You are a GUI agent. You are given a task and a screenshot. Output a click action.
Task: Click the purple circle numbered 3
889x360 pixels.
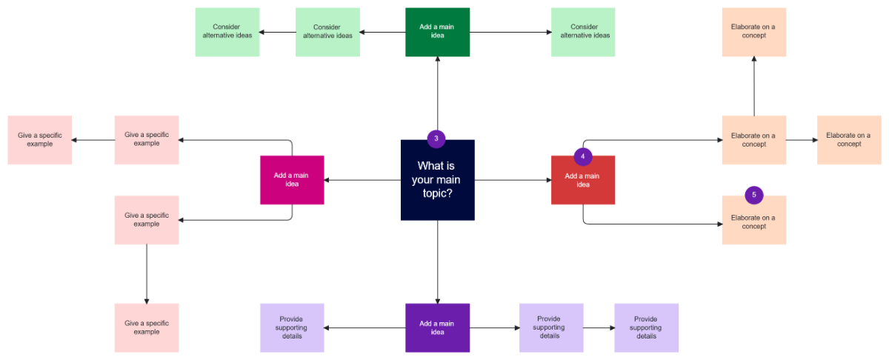coord(436,139)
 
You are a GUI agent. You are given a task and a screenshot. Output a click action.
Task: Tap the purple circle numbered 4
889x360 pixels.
coord(583,156)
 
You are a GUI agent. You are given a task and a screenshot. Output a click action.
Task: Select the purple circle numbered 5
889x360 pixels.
coord(754,195)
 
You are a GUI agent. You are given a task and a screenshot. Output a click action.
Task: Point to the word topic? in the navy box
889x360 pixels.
coord(437,193)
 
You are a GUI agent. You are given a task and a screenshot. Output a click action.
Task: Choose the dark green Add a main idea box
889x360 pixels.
coord(437,32)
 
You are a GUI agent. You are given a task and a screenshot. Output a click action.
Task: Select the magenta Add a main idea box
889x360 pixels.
coord(292,180)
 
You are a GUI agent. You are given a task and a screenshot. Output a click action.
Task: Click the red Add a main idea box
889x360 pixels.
coord(583,180)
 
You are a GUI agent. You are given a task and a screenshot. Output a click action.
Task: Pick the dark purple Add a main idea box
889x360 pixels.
coord(437,327)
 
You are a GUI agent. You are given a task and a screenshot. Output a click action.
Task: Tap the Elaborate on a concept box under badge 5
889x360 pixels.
coord(754,222)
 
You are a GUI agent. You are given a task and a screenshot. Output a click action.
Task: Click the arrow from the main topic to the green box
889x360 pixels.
coord(437,96)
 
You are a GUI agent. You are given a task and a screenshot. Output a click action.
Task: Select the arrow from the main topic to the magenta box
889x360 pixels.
coord(363,180)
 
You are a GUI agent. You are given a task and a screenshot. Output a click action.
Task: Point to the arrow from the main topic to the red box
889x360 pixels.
coord(513,180)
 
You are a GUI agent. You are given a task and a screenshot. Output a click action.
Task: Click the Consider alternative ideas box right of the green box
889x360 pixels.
coord(583,32)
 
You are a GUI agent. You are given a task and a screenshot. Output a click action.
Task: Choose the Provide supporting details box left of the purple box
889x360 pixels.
coord(292,327)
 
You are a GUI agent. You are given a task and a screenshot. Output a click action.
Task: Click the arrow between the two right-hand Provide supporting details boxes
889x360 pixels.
coord(598,327)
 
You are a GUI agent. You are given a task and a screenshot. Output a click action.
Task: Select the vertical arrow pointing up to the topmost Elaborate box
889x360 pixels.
coord(754,86)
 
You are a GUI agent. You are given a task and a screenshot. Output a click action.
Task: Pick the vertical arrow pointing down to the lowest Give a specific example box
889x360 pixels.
coord(147,273)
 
